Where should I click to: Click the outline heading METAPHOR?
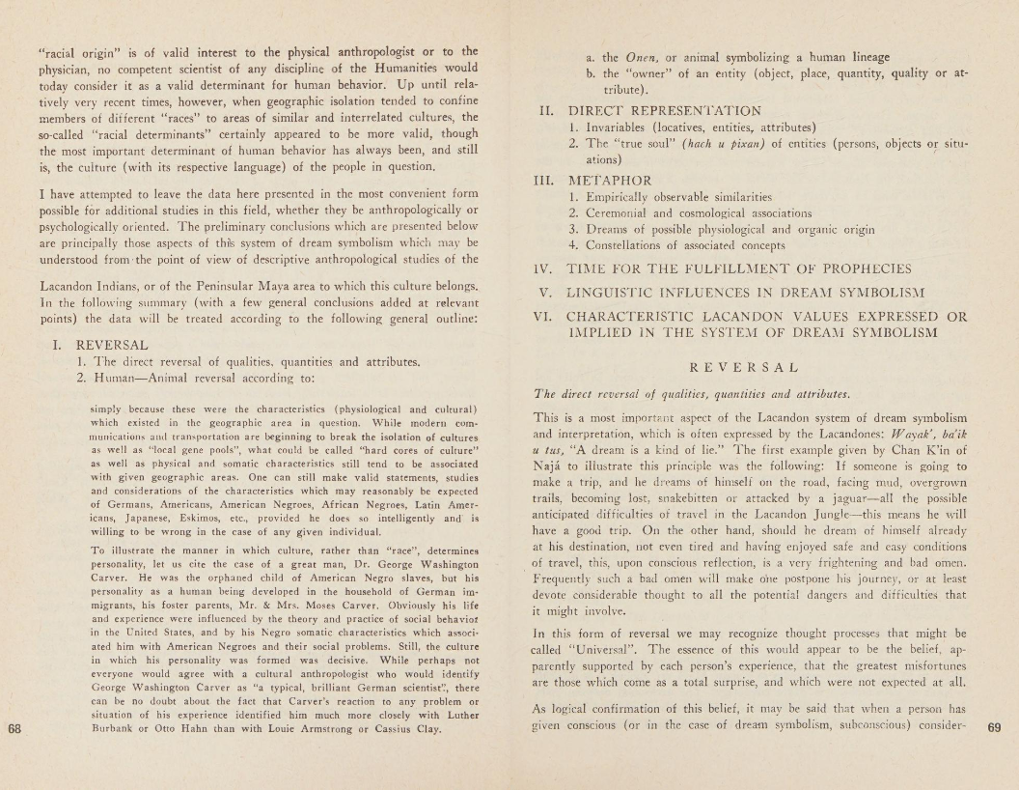(x=610, y=180)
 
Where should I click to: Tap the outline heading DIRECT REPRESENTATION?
(x=664, y=110)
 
